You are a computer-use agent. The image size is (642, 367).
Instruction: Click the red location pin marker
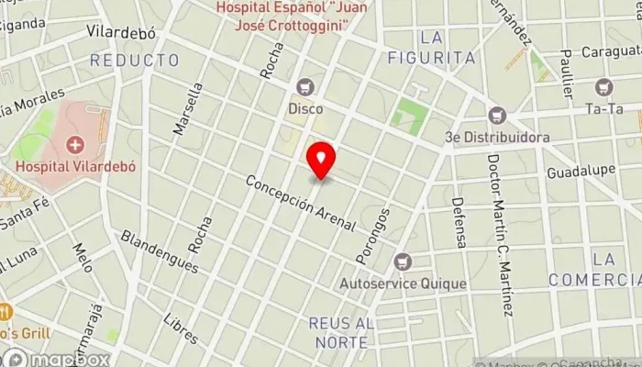321,160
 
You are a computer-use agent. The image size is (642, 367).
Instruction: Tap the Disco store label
305,108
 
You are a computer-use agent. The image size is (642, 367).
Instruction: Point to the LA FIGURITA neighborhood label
448,48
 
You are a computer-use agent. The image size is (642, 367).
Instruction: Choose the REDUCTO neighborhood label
134,61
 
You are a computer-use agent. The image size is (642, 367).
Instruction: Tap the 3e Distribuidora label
497,138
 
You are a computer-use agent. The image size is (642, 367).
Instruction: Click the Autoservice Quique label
402,284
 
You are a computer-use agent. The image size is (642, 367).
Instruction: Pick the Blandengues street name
159,250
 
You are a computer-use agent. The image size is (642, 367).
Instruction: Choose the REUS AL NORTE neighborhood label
339,332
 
